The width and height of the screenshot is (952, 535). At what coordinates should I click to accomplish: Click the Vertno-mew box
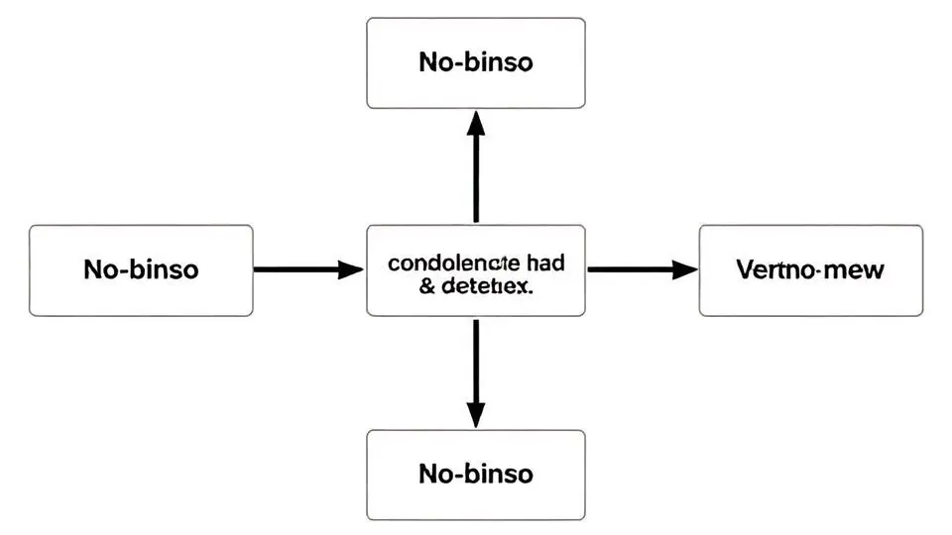pyautogui.click(x=810, y=270)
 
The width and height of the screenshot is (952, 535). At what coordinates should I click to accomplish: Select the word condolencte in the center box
pyautogui.click(x=452, y=264)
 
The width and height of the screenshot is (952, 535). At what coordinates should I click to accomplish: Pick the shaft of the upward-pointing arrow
pyautogui.click(x=476, y=178)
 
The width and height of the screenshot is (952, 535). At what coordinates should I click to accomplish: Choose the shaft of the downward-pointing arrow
pyautogui.click(x=476, y=362)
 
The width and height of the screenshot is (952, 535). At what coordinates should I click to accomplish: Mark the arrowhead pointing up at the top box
pyautogui.click(x=476, y=123)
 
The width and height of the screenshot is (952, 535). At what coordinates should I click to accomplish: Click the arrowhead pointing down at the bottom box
pyautogui.click(x=476, y=416)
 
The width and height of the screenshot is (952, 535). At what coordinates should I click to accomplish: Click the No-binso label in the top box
pyautogui.click(x=476, y=61)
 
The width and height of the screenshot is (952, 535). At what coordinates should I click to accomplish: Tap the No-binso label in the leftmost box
pyautogui.click(x=141, y=268)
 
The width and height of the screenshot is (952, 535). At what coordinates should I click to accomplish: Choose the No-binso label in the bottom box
pyautogui.click(x=476, y=473)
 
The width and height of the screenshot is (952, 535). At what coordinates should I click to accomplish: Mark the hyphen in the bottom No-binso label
pyautogui.click(x=458, y=474)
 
